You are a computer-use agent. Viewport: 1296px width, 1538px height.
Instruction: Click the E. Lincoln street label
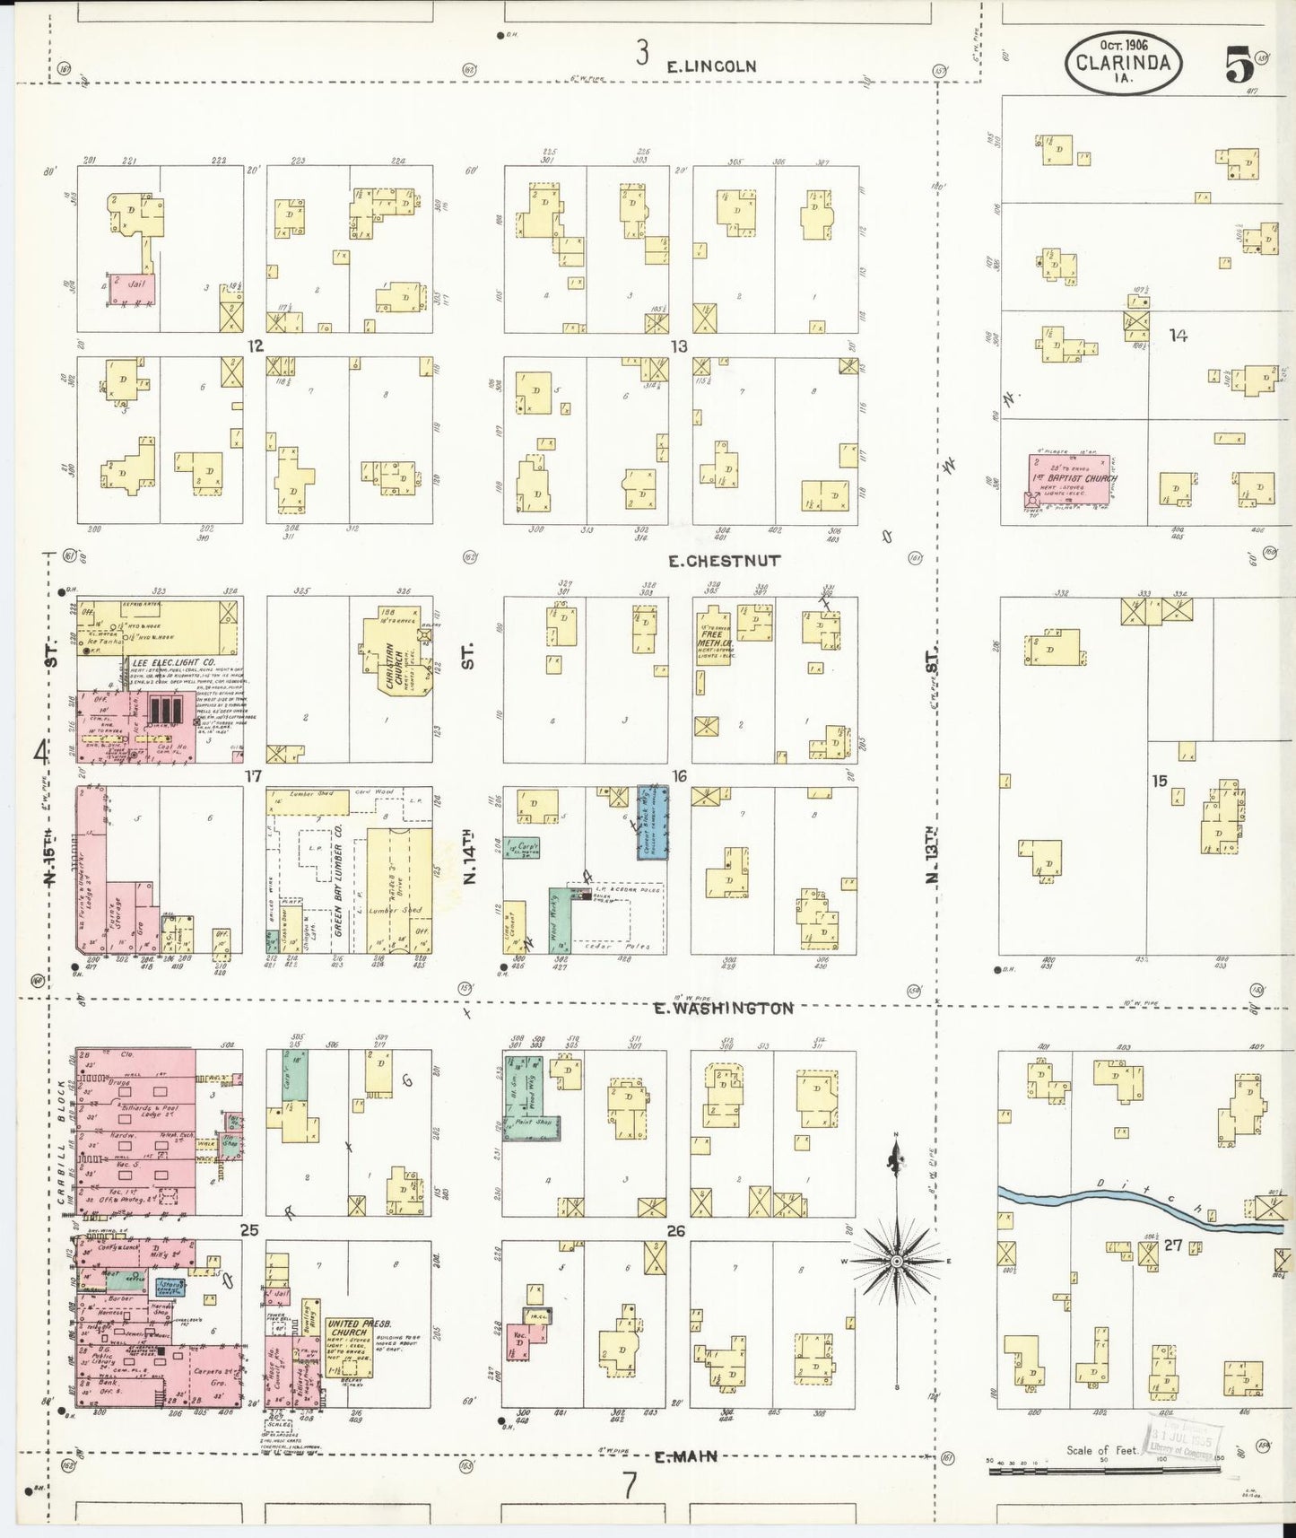(x=711, y=66)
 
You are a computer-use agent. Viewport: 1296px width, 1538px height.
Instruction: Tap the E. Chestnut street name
(x=725, y=561)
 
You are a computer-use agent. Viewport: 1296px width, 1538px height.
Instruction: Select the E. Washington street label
(x=723, y=1009)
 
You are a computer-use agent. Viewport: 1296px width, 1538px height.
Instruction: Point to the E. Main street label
(x=686, y=1456)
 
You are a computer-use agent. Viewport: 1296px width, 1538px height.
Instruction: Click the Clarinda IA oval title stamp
(x=1123, y=63)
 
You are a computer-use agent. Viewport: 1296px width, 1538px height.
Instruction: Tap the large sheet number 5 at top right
(x=1239, y=65)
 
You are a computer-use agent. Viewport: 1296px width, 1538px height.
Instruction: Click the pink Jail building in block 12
(x=133, y=288)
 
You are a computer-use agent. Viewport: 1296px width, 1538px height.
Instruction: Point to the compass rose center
(x=895, y=1262)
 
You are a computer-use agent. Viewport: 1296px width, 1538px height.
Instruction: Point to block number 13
(x=679, y=346)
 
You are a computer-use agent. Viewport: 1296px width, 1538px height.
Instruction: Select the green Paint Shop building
(x=530, y=1125)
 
